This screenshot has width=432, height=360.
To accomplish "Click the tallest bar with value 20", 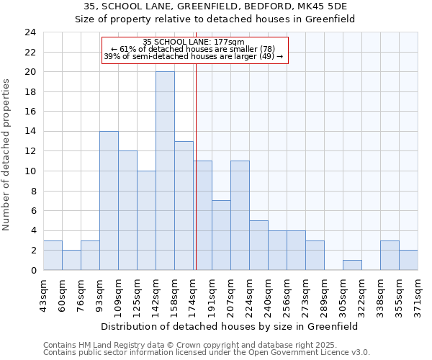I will point(165,171).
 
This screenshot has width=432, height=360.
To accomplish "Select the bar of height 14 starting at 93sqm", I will point(109,201).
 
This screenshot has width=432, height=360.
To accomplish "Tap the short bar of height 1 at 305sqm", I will point(352,265).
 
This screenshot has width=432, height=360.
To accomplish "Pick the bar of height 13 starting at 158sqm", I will point(184,206).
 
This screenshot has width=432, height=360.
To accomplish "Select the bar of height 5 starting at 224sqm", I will point(258,246).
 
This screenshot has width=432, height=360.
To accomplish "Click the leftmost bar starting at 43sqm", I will point(53,256).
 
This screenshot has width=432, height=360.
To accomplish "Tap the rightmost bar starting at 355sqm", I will point(408,260).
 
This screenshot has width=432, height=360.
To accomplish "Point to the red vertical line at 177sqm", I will point(196,180).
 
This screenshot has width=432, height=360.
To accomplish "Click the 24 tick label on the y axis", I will point(30,32).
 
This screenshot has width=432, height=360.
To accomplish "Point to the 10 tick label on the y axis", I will point(30,171).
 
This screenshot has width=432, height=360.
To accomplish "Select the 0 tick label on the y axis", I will point(32,271).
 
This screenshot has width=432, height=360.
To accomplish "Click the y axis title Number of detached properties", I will point(7,155).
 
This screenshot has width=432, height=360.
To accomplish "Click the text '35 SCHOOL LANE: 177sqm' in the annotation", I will point(194,42).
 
